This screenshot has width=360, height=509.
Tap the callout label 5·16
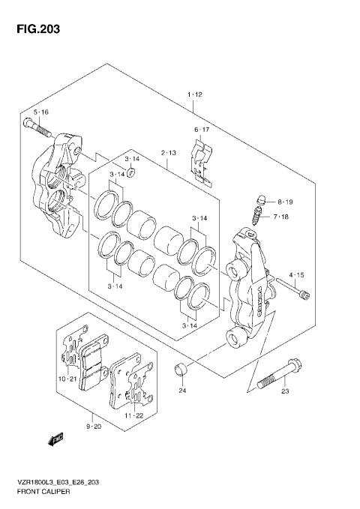tap(41, 112)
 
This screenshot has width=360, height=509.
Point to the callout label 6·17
tap(202, 130)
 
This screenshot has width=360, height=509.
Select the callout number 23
tap(285, 391)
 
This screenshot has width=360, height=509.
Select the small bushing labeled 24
tap(181, 370)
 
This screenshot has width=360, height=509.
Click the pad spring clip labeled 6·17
tap(200, 161)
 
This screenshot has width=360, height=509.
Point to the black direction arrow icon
tap(53, 440)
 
